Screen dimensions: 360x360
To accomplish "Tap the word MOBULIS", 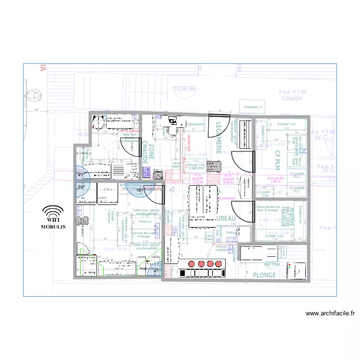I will click(53, 226).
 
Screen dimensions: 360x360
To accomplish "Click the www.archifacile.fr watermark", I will click(330, 313).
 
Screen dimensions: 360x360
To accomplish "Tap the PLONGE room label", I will click(264, 275).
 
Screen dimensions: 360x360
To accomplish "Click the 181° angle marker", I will click(141, 190).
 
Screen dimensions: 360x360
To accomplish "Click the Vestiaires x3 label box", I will click(252, 107).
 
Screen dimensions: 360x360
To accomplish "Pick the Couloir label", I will click(292, 98).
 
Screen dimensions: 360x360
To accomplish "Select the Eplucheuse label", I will click(195, 124).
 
